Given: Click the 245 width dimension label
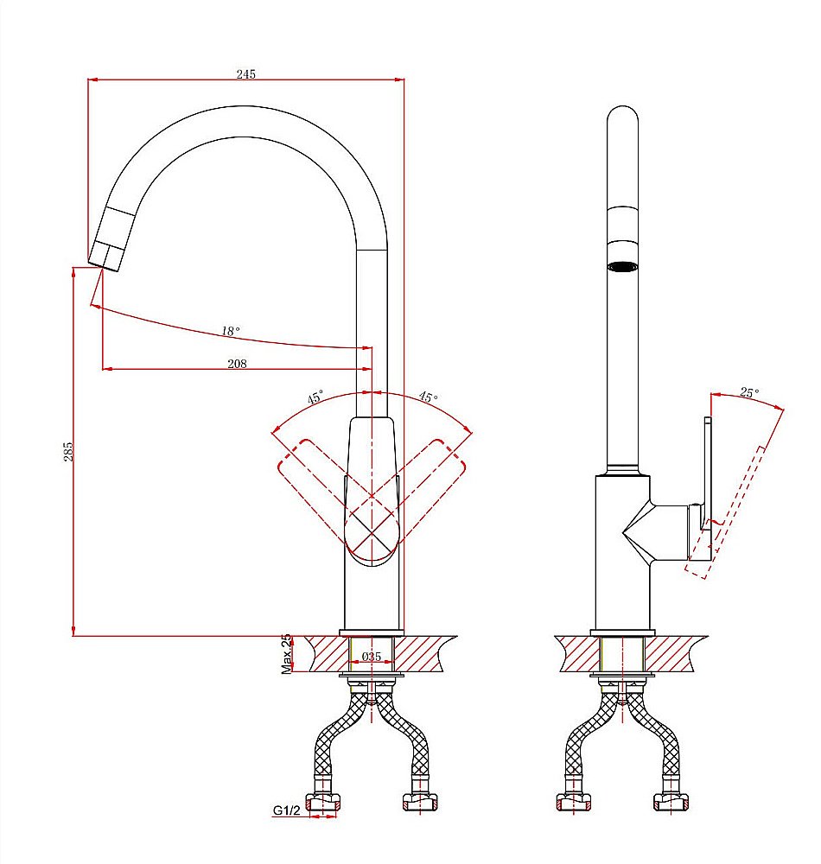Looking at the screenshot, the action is pyautogui.click(x=245, y=73).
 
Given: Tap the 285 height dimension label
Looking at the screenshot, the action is pyautogui.click(x=67, y=451).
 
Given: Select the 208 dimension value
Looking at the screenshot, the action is pyautogui.click(x=237, y=364).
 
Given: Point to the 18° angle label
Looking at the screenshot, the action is pyautogui.click(x=231, y=331).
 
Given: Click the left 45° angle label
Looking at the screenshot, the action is pyautogui.click(x=315, y=397).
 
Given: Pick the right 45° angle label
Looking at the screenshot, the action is pyautogui.click(x=428, y=397).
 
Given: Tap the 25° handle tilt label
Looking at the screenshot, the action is pyautogui.click(x=749, y=392).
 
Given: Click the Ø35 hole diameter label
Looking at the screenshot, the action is pyautogui.click(x=372, y=657).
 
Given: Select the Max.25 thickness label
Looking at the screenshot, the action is pyautogui.click(x=286, y=654).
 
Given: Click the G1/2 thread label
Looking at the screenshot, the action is pyautogui.click(x=287, y=810).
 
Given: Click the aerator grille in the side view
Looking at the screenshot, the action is pyautogui.click(x=622, y=266).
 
